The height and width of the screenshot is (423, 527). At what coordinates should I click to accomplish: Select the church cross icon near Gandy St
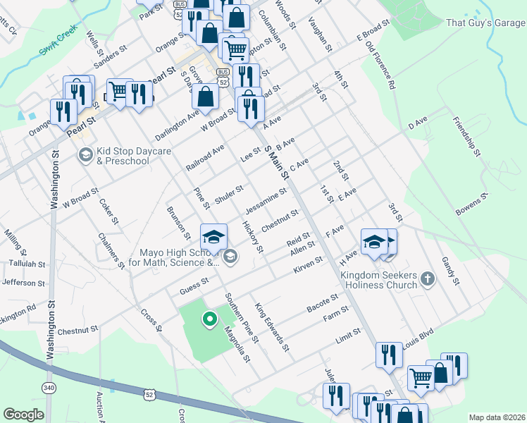click(x=427, y=280)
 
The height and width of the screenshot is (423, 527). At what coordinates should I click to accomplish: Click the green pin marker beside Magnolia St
click(x=209, y=319)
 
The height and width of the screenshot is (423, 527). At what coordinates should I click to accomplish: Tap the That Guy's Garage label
click(x=485, y=23)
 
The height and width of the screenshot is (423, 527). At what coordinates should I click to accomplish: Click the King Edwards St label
click(x=273, y=327)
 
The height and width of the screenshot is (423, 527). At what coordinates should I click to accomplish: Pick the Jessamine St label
click(x=266, y=202)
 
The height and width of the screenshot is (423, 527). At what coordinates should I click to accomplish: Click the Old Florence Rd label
click(x=380, y=65)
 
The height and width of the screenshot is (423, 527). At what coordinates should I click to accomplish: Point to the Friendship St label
click(x=466, y=136)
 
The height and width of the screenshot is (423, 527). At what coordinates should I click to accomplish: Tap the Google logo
click(x=23, y=415)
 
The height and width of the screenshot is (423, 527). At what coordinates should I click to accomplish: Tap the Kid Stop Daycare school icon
click(x=85, y=154)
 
